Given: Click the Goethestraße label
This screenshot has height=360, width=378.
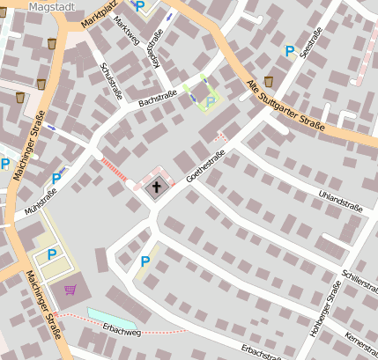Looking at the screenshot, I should [206, 165].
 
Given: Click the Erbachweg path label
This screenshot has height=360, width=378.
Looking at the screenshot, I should [121, 333].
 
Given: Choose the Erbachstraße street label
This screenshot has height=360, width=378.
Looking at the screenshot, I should [262, 351].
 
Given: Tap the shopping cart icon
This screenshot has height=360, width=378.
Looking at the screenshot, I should [70, 289].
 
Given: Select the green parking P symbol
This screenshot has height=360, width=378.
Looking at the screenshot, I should [210, 103].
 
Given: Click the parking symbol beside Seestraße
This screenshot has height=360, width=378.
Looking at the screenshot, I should [289, 52].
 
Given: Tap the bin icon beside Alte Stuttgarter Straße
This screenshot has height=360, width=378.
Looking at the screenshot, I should [268, 82].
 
